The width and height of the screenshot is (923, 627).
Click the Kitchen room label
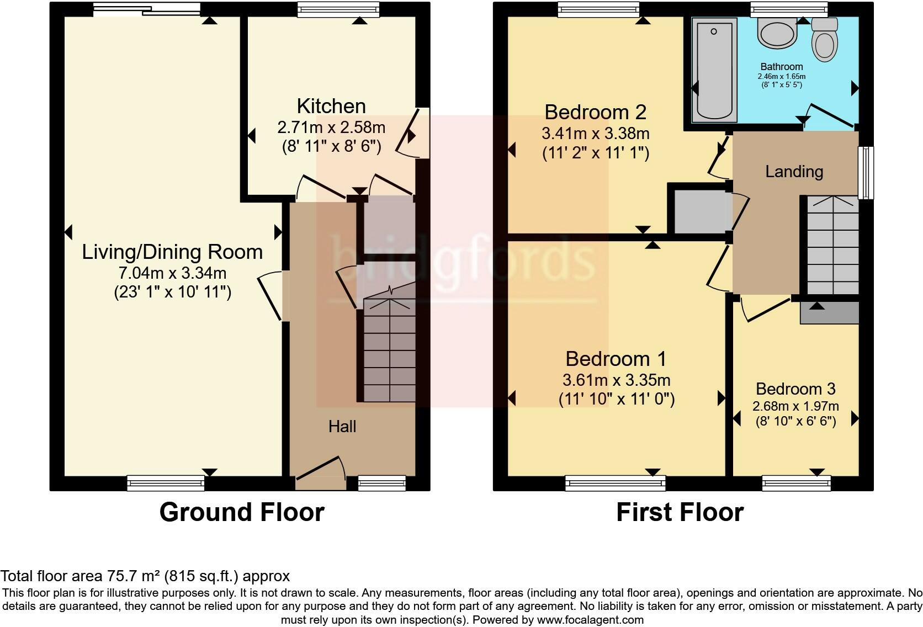[331, 106]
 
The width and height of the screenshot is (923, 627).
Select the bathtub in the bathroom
[715, 69]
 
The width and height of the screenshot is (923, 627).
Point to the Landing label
[794, 172]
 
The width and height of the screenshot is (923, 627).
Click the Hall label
[342, 426]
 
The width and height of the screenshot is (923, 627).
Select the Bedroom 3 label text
[795, 389]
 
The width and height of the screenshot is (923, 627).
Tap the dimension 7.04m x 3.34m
[172, 273]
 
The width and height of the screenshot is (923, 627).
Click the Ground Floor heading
[242, 512]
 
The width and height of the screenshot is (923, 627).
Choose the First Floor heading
[680, 512]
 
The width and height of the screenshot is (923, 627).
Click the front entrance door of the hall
[320, 474]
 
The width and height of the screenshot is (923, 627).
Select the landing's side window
[865, 172]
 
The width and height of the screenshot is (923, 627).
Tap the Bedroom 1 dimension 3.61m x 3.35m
[616, 380]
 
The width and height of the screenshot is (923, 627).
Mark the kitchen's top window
[338, 9]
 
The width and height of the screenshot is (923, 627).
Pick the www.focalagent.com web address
[590, 620]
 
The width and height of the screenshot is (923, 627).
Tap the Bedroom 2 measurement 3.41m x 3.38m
[595, 133]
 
